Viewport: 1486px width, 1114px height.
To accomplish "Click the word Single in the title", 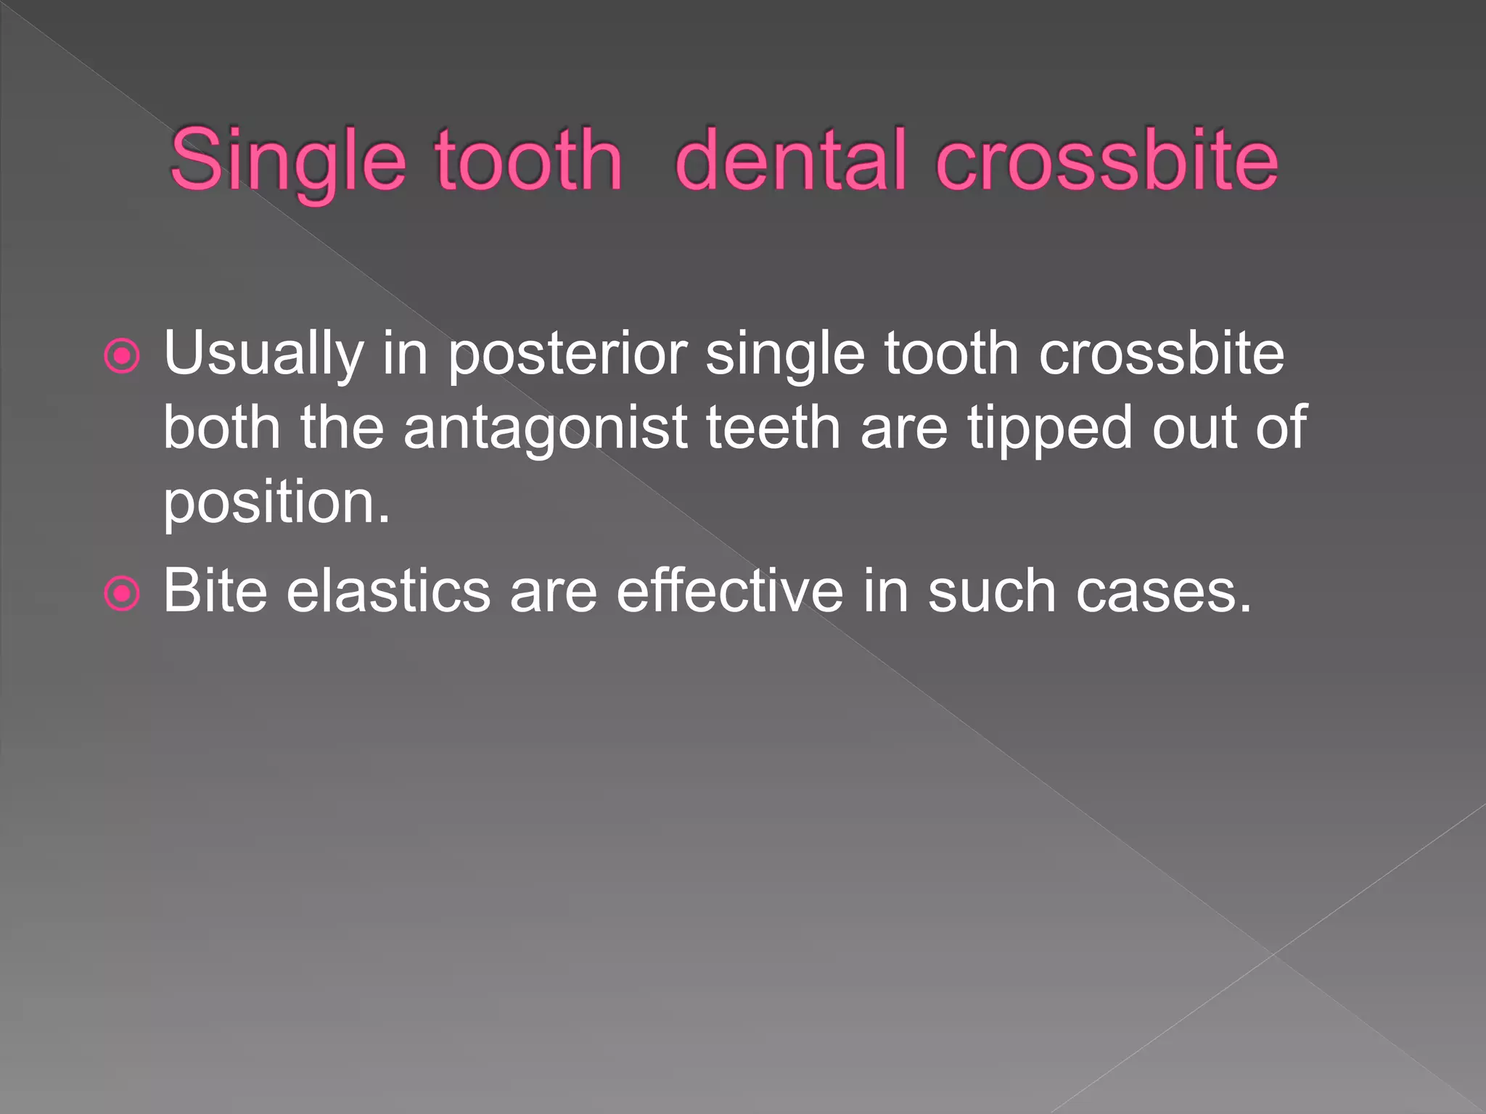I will point(287,161).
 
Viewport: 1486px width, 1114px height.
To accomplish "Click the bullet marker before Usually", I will point(122,356).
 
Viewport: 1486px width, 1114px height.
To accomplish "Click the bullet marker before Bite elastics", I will point(122,594).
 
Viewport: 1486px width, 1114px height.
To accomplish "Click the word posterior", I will point(566,354).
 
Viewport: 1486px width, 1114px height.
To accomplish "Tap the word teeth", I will point(773,428).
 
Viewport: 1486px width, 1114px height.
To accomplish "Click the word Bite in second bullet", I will point(215,592).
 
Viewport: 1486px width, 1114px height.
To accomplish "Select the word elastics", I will point(388,592).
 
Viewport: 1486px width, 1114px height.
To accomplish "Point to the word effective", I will point(729,592).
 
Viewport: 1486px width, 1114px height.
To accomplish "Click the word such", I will point(991,592).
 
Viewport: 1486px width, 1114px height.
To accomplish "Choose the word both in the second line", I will point(221,428).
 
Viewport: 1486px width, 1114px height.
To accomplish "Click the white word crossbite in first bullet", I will point(1161,354).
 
